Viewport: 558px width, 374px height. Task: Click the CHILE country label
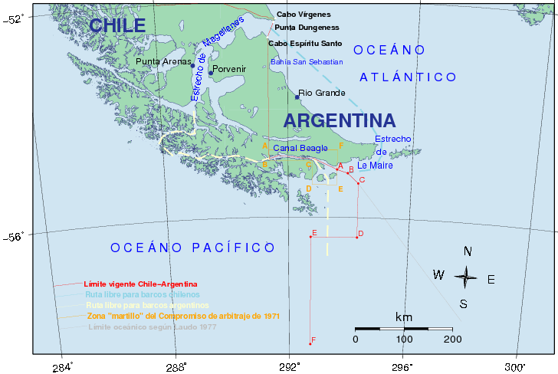(117, 25)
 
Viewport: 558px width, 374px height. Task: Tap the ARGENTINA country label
(340, 120)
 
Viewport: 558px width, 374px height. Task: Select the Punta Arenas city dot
(192, 66)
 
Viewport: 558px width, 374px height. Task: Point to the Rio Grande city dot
(297, 97)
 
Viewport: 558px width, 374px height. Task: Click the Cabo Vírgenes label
(304, 14)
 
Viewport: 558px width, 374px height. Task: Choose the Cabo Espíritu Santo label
(305, 43)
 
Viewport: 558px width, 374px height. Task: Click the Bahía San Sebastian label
(307, 61)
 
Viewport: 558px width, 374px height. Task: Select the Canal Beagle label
(300, 148)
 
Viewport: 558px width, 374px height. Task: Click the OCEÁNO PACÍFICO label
(192, 248)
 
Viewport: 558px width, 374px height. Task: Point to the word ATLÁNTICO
(409, 77)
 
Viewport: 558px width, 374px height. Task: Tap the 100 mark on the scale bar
(404, 339)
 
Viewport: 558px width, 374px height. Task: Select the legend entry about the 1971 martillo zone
(183, 316)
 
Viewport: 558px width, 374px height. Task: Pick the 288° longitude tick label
(176, 365)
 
